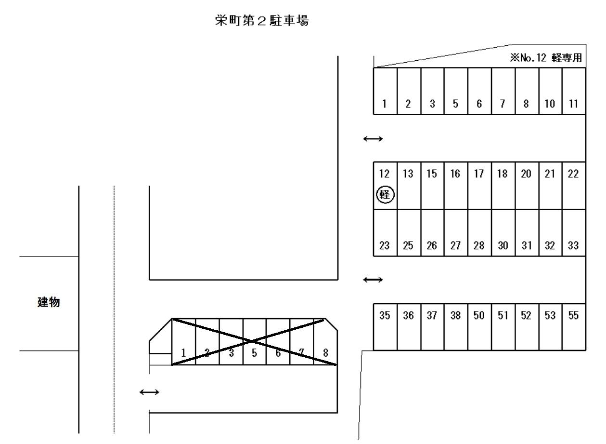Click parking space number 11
(574, 104)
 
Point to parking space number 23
(385, 245)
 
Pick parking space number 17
(479, 174)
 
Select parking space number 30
(503, 245)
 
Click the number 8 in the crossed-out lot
(325, 352)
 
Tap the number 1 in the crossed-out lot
(183, 352)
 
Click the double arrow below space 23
(373, 279)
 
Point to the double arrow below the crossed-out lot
(149, 392)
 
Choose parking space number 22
(574, 174)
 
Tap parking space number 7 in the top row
(503, 104)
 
